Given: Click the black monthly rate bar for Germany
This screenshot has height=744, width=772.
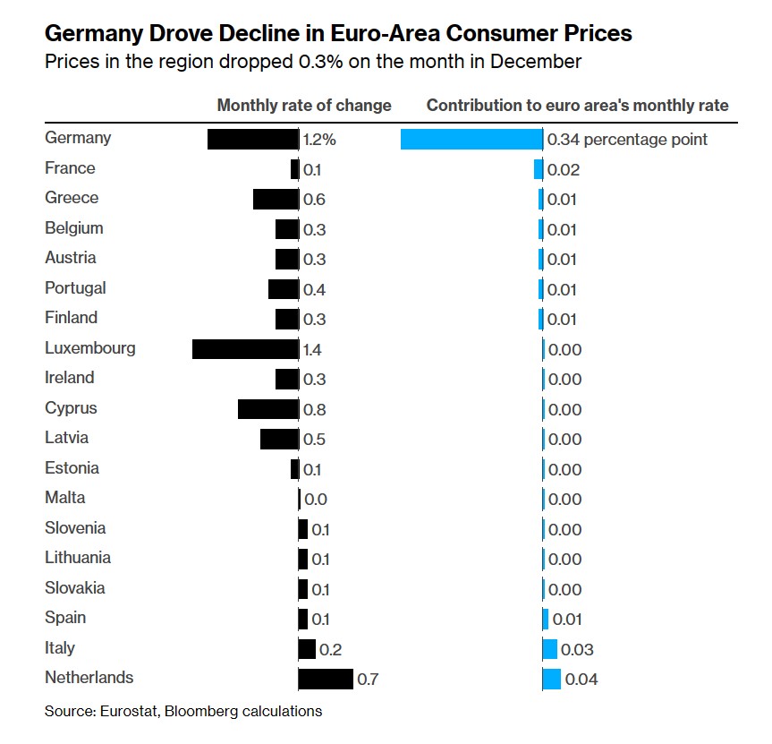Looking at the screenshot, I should (x=252, y=139).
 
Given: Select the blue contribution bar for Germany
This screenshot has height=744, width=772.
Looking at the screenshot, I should (x=471, y=139).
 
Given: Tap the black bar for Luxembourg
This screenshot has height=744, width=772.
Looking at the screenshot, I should (x=245, y=348).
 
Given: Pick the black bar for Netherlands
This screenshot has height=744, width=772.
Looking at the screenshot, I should (x=326, y=679).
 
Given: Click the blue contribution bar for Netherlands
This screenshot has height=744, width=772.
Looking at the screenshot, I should (x=552, y=679).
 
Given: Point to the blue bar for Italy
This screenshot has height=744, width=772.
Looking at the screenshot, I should (x=550, y=649).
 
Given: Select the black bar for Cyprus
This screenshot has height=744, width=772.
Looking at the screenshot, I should (x=268, y=409).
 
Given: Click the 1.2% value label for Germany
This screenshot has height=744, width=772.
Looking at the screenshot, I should (x=319, y=140).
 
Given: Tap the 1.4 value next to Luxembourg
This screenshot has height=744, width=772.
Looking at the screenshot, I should (x=314, y=349).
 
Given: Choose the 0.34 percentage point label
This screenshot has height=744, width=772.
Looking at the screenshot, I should (x=627, y=140).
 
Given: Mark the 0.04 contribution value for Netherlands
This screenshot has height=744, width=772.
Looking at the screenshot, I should (x=581, y=680).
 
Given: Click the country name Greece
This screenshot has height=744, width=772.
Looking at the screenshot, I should (x=72, y=198).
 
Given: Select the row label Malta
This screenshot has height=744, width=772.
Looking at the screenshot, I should (x=65, y=498).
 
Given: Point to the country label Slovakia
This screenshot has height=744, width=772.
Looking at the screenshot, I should (x=75, y=587).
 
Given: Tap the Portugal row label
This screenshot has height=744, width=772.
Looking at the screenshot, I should (x=75, y=287).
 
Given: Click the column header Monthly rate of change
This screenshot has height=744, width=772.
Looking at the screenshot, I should (x=304, y=105).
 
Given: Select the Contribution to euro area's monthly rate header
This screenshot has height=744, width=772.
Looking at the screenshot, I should (x=577, y=105).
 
